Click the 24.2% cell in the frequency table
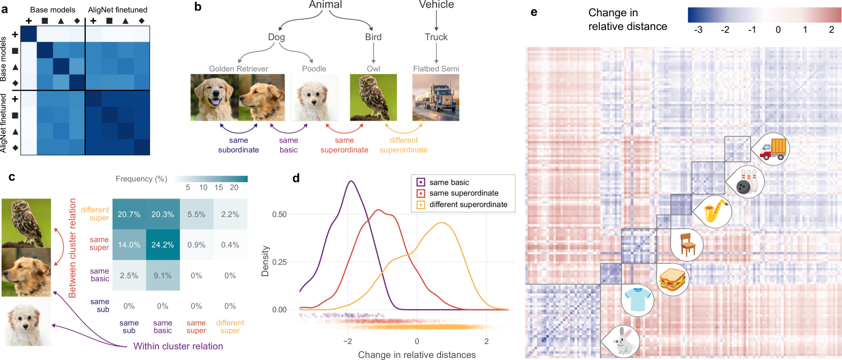[x=162, y=245]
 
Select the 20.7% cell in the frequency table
[x=129, y=214]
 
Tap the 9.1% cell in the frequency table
[x=162, y=276]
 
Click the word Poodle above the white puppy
[x=314, y=69]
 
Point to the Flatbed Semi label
[x=436, y=69]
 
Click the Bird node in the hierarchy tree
[x=373, y=37]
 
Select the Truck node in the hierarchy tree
[x=436, y=37]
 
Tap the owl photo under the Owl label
[x=374, y=97]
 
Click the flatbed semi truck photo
[x=436, y=97]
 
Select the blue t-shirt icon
[x=637, y=299]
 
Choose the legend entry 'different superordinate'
[x=468, y=205]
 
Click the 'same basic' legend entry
[x=449, y=182]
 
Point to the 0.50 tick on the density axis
[x=280, y=214]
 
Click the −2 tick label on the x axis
[x=348, y=341]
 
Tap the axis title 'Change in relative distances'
[x=417, y=354]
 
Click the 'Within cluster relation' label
[x=178, y=346]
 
